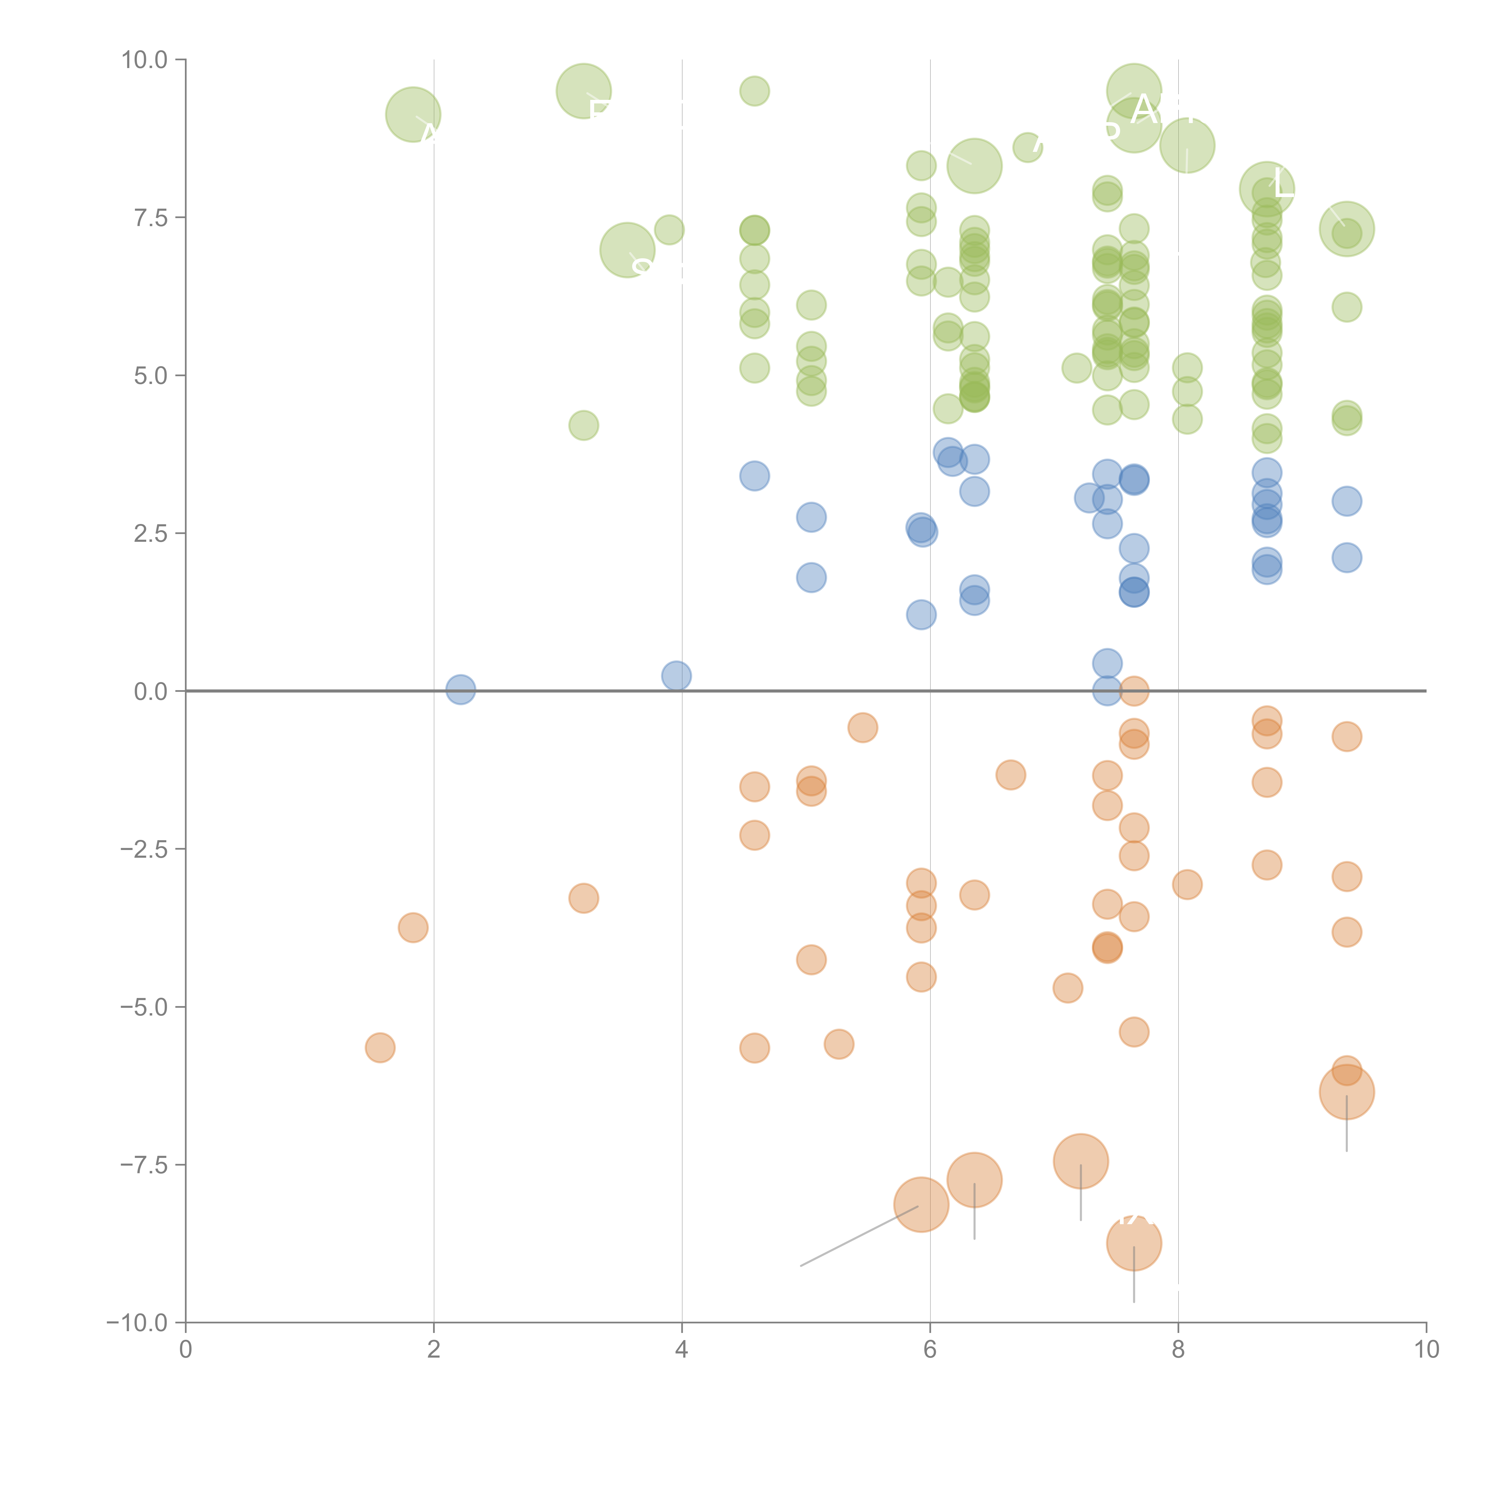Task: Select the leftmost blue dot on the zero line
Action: (x=460, y=690)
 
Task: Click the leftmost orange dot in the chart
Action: (x=380, y=1048)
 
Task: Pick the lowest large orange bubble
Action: (x=1134, y=1243)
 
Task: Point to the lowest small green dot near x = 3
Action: (x=584, y=425)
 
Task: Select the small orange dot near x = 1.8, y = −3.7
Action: (x=413, y=928)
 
